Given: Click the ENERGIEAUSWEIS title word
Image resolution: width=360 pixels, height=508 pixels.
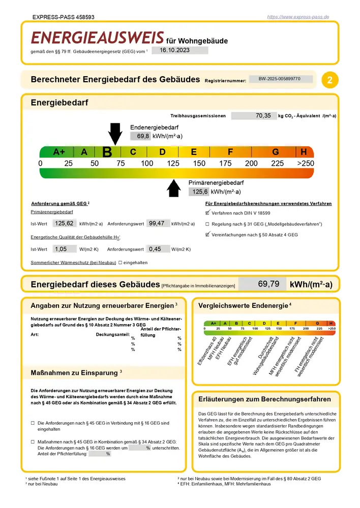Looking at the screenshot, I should [97, 38].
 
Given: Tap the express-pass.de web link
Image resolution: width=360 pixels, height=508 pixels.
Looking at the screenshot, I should [298, 17].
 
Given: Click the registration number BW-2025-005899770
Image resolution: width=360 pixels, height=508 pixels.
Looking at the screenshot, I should [279, 79].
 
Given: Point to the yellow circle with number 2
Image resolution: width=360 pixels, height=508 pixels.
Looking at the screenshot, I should [331, 80].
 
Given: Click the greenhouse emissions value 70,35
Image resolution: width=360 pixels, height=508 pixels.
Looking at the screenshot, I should [254, 116].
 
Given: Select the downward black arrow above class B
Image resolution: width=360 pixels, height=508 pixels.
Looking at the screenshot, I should [115, 134].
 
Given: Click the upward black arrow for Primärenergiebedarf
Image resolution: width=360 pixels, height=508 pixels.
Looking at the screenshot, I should [174, 188].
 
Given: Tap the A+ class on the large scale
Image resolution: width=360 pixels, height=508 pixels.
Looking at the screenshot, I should [59, 151].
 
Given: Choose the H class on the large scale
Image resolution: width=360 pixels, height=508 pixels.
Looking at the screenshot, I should [304, 151].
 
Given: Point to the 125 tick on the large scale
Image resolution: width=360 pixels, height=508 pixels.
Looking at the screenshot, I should [173, 164].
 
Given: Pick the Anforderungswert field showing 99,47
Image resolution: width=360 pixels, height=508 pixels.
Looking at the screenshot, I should [158, 224].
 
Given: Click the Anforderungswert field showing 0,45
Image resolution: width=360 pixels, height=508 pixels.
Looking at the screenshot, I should [158, 249].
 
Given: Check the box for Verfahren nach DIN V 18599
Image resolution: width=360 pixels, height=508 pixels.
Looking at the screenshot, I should [207, 213].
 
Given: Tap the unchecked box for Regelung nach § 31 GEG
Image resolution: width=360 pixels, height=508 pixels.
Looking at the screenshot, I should [207, 224].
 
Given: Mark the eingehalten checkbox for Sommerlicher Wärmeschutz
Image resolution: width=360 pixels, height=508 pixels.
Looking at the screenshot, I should [120, 263].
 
